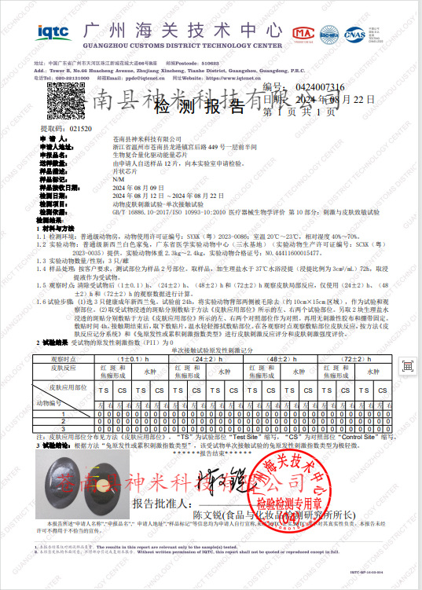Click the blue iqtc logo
(53, 31)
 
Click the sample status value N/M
(119, 180)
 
